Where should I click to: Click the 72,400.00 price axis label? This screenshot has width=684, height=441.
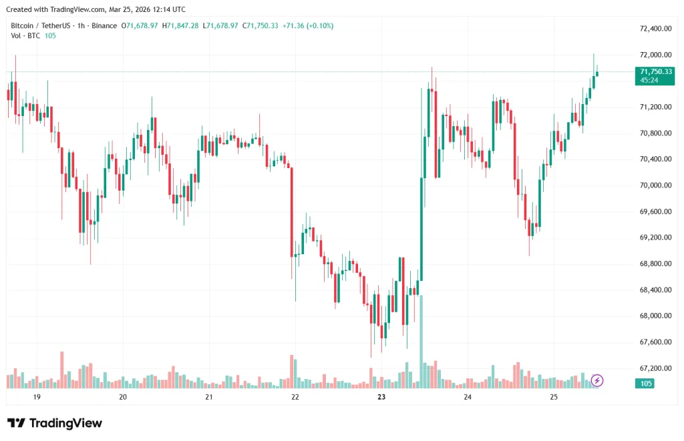[655, 29]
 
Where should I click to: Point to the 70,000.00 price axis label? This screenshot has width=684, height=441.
[655, 185]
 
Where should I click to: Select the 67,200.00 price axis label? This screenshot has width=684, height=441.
[655, 368]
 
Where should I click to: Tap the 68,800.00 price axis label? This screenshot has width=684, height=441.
[655, 264]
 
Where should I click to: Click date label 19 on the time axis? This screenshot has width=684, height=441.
[37, 397]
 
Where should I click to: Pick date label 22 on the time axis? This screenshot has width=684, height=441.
[295, 397]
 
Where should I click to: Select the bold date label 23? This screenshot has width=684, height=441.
[381, 397]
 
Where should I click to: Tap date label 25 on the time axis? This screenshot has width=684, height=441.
[554, 397]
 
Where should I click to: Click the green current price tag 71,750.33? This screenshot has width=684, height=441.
[656, 71]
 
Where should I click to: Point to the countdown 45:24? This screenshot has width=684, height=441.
[649, 80]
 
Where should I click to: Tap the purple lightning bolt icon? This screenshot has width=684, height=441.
[597, 380]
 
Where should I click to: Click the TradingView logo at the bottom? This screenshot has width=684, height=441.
[55, 423]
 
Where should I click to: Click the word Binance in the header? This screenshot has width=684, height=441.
[104, 25]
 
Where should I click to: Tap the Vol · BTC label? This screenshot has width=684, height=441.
[24, 35]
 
